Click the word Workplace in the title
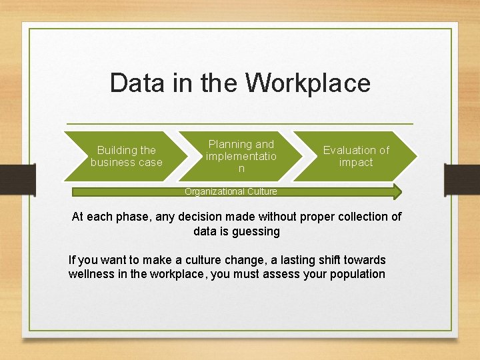pos(307,83)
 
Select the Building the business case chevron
pos(127,156)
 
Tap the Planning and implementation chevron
pos(241,156)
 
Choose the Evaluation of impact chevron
pos(355,156)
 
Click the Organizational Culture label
pos(231,191)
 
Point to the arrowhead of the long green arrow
pos(397,192)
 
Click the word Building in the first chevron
pos(117,150)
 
